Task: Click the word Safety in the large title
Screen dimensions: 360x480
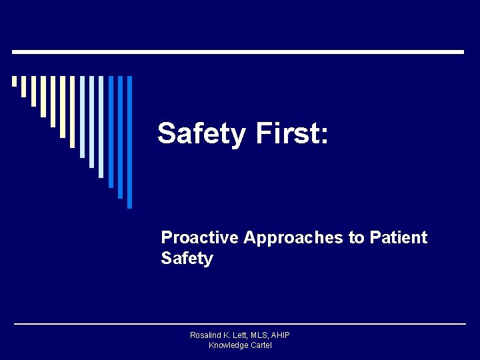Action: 201,134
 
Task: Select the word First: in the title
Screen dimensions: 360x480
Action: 291,134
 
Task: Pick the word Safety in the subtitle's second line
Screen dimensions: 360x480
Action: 187,259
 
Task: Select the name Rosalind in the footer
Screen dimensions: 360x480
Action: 206,335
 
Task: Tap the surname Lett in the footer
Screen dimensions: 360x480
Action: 241,335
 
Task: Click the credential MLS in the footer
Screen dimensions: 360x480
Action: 261,335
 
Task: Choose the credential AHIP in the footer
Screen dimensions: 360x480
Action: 281,335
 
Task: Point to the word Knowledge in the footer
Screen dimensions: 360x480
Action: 227,345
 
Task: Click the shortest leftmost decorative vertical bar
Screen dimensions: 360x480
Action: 14,81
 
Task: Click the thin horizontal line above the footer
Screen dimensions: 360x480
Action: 239,324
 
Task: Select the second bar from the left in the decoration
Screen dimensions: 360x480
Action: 23,86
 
